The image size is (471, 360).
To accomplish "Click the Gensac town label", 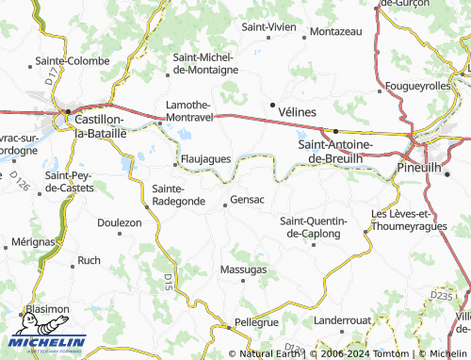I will (247, 201).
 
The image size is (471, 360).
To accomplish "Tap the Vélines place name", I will (298, 111).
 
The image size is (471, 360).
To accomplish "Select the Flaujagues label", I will (204, 159).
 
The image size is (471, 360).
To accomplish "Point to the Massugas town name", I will (243, 270).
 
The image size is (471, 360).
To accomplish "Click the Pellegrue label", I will (257, 322).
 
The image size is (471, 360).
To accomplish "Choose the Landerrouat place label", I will (343, 320).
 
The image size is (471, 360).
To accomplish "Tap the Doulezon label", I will (120, 222).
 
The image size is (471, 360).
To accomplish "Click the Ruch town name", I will (89, 260).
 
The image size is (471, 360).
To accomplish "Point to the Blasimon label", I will (47, 308).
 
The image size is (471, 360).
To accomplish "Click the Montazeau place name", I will (335, 31).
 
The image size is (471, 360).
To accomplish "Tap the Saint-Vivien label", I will (268, 27).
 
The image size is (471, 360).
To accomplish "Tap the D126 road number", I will (20, 179).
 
